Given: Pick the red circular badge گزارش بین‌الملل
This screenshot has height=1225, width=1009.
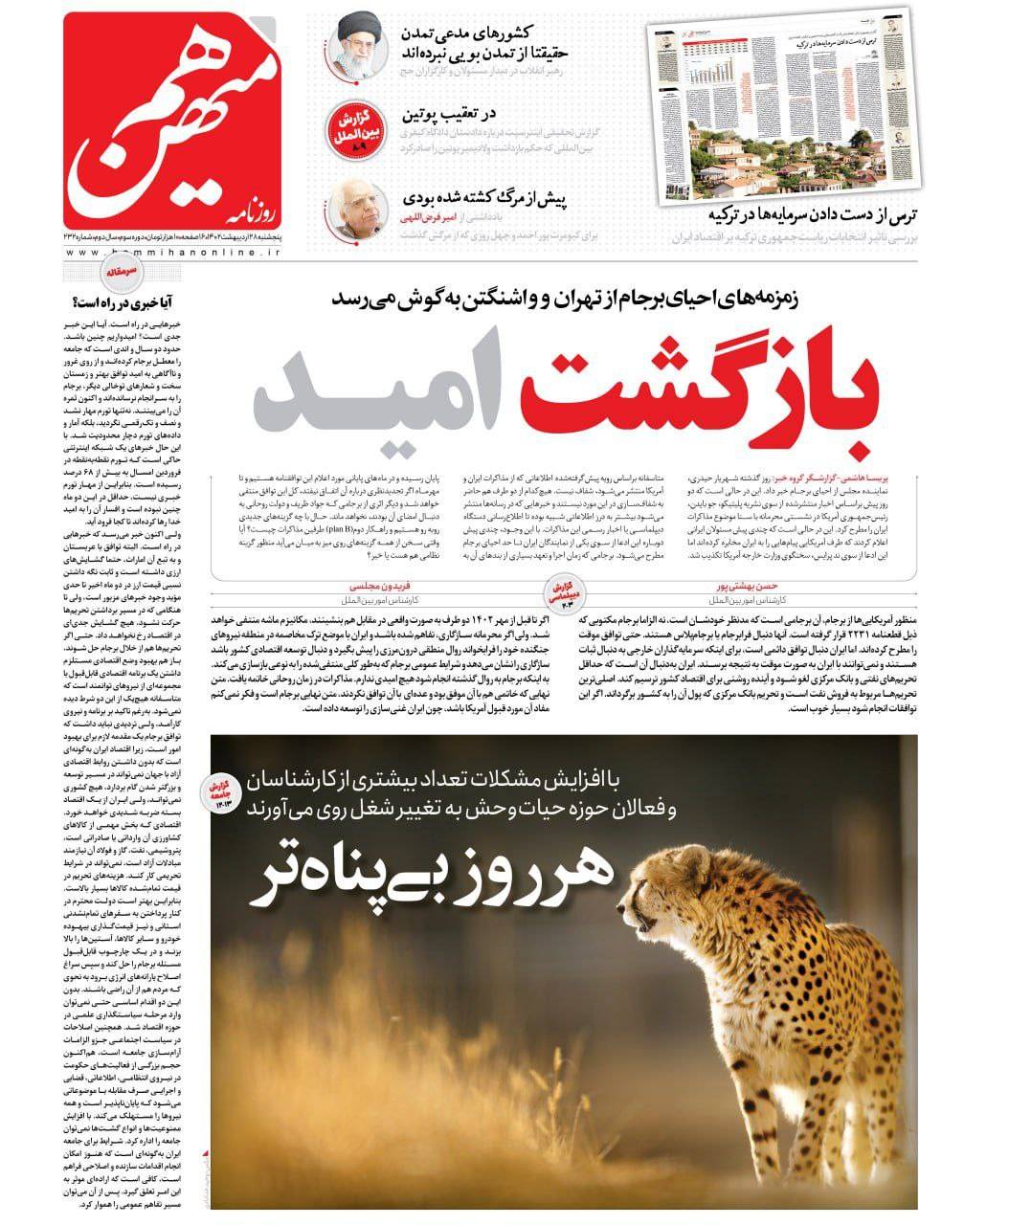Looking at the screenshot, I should point(356,128).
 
